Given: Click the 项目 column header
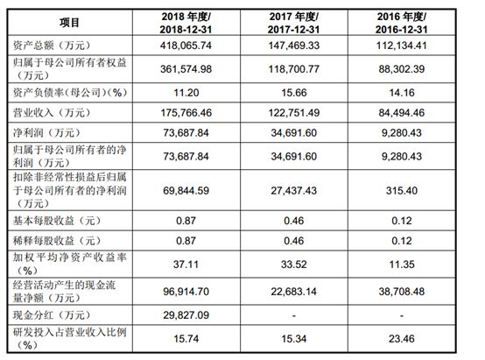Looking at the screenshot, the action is (x=69, y=23).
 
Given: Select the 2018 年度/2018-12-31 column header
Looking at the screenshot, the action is (x=186, y=23).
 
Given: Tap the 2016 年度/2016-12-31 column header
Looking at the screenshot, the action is (x=402, y=23).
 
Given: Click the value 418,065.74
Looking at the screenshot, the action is (x=186, y=46).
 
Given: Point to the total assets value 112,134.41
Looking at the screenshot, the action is (x=402, y=46).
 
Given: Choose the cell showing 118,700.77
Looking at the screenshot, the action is (x=294, y=68).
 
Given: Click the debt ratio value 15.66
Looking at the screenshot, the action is (x=294, y=93).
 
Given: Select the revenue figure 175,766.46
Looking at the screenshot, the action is (x=186, y=113).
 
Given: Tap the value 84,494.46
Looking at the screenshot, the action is (x=402, y=113).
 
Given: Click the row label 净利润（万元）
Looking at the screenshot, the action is (x=46, y=133).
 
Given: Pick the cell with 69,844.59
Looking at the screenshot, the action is (x=186, y=190).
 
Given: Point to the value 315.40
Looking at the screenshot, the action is (x=402, y=190).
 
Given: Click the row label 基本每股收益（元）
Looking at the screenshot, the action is (x=57, y=221).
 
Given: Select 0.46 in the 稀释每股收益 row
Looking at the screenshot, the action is (x=294, y=241).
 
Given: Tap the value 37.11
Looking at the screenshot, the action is (x=186, y=265).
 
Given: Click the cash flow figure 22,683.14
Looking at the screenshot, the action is (x=294, y=292).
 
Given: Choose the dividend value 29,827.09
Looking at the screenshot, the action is (x=186, y=315).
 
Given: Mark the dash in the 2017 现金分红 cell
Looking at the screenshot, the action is (x=294, y=316).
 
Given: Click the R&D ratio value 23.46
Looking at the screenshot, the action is (x=402, y=339).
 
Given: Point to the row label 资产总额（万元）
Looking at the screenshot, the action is (x=52, y=46).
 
